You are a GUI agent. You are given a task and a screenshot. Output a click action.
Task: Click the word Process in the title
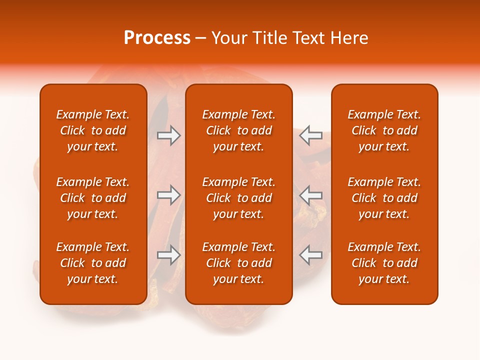point(157,38)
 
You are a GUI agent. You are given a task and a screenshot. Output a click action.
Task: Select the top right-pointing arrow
point(168,135)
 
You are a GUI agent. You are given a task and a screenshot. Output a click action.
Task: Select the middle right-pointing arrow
point(168,194)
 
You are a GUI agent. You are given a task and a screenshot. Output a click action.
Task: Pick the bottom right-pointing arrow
point(168,255)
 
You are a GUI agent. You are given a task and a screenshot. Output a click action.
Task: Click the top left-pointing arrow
point(310,135)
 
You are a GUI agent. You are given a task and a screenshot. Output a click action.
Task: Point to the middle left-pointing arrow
point(310,194)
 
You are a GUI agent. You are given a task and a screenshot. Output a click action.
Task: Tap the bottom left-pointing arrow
point(310,255)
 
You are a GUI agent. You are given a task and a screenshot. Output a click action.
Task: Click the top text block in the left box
point(93,130)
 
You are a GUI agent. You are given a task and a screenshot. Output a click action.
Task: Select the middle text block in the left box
point(93,198)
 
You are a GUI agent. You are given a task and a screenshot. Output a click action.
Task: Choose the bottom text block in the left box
point(93,263)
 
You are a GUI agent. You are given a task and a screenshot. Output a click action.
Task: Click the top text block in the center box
point(239,130)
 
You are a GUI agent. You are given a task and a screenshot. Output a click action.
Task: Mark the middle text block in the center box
point(239,198)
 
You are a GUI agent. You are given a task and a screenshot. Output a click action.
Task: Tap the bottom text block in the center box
point(239,263)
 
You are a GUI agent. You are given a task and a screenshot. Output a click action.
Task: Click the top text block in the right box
point(384,130)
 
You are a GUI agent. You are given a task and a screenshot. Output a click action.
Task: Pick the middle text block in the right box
point(384,198)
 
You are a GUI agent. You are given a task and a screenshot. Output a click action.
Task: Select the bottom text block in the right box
point(384,263)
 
